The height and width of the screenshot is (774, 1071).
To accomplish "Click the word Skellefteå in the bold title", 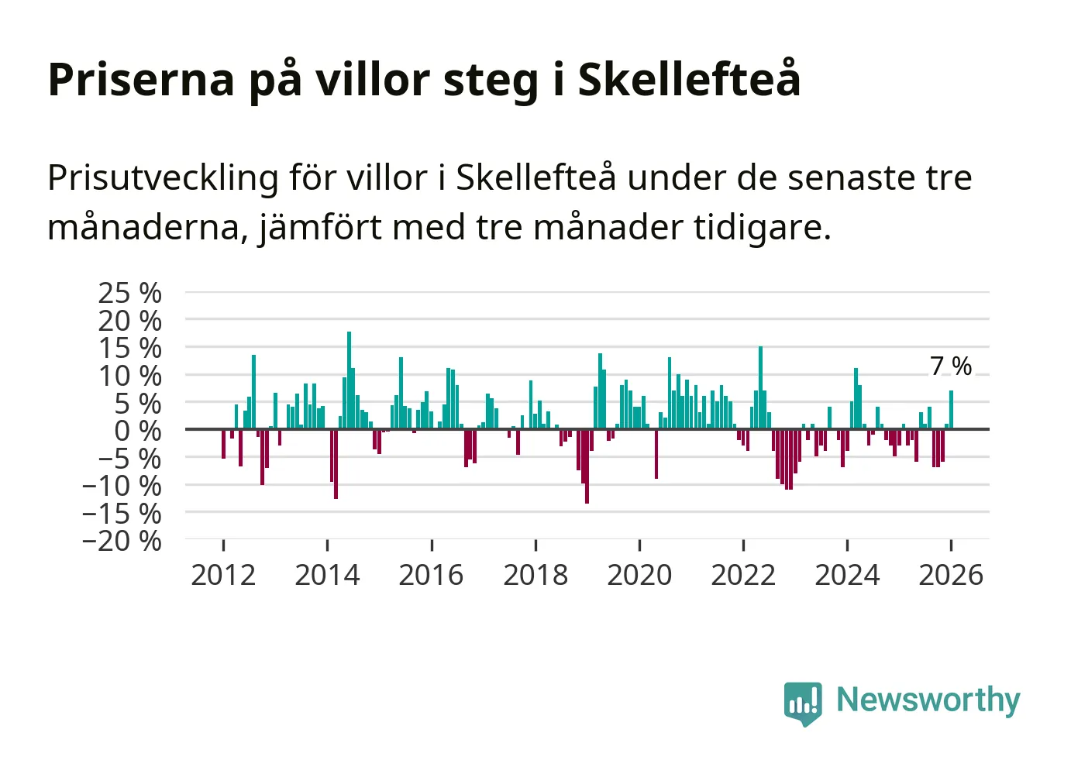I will pos(689,79).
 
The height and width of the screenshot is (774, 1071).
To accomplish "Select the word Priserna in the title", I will pos(140,79).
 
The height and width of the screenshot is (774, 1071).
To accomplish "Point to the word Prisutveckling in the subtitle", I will pos(163,178).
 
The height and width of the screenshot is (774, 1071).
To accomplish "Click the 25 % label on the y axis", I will pos(129,293).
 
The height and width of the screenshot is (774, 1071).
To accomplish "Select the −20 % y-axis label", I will pos(122,540).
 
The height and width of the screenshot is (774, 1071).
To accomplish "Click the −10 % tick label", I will pos(122,486).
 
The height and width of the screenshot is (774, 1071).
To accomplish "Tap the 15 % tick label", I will pos(129,348).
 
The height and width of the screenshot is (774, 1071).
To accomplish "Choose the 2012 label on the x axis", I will pos(223,575).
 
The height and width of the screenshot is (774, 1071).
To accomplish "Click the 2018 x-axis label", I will pos(535,575).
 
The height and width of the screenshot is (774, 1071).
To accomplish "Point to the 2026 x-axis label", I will pos(951,575).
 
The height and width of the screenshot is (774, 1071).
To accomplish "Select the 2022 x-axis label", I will pos(743,575).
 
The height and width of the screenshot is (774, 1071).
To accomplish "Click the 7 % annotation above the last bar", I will pos(950,366).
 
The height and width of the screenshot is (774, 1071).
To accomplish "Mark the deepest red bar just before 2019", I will pos(587,466).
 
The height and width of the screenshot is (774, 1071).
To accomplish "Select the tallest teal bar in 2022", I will pos(760,387).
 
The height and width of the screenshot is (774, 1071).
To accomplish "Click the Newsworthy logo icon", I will pos(802,703).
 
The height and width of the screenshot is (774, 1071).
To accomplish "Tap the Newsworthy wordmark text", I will pos(928,700).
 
